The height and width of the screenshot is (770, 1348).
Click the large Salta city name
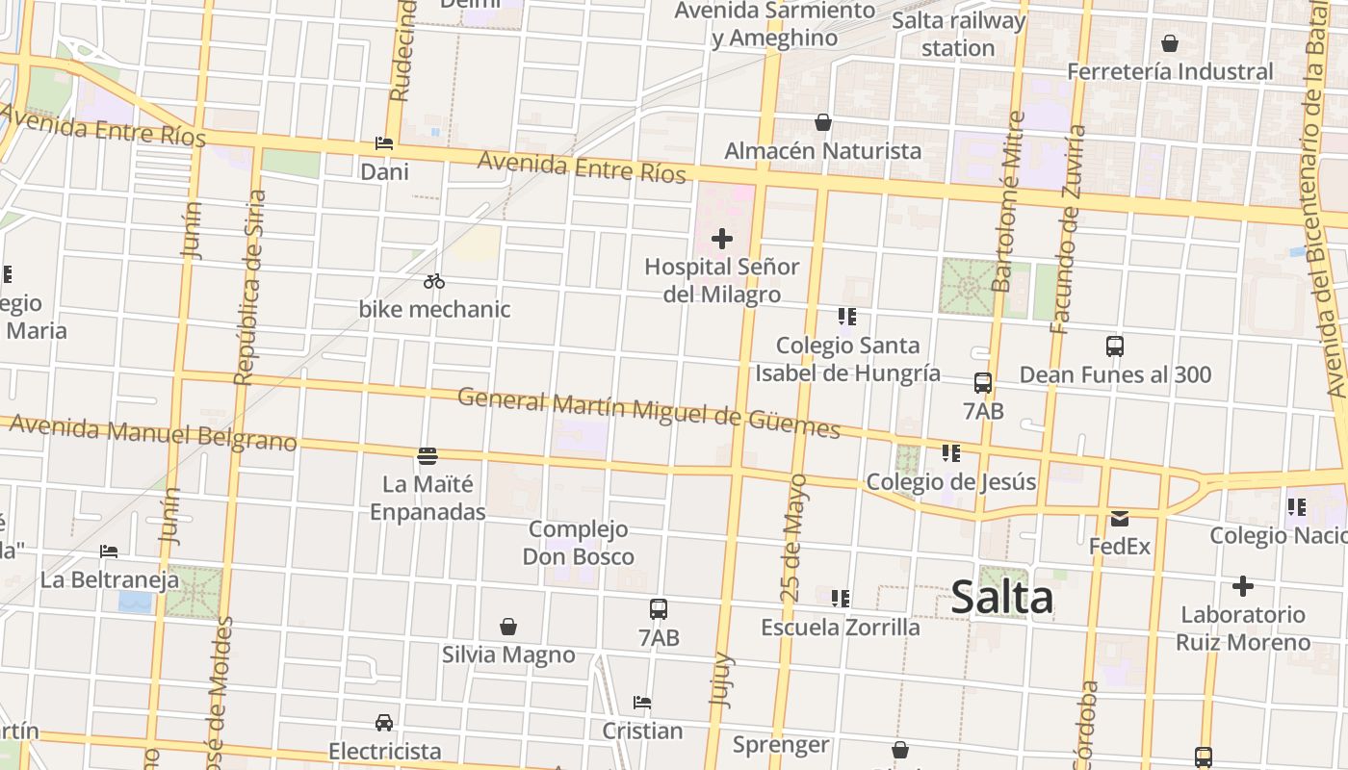[1001, 598]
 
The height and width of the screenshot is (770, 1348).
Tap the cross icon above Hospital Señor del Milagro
[722, 239]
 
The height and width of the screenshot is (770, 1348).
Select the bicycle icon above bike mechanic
[434, 281]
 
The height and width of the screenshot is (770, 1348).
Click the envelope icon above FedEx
[1119, 519]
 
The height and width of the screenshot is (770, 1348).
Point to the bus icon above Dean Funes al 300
[1115, 346]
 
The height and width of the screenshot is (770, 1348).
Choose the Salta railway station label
[958, 34]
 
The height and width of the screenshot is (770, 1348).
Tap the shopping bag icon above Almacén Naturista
[823, 122]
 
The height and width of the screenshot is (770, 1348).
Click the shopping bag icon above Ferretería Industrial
[1170, 43]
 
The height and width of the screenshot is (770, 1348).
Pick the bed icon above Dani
[384, 144]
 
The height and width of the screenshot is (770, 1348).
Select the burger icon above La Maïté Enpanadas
[428, 455]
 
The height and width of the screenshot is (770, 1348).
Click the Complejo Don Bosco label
[578, 543]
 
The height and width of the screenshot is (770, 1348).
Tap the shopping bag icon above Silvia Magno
[508, 628]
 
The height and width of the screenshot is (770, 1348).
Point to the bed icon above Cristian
[642, 703]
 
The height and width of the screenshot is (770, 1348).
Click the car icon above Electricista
[383, 723]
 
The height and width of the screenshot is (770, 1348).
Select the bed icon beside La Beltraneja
[109, 552]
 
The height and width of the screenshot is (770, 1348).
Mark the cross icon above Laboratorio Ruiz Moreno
[1243, 585]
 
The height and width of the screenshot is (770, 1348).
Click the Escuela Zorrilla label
[841, 628]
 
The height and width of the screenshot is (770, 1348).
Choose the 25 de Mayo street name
[794, 537]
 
